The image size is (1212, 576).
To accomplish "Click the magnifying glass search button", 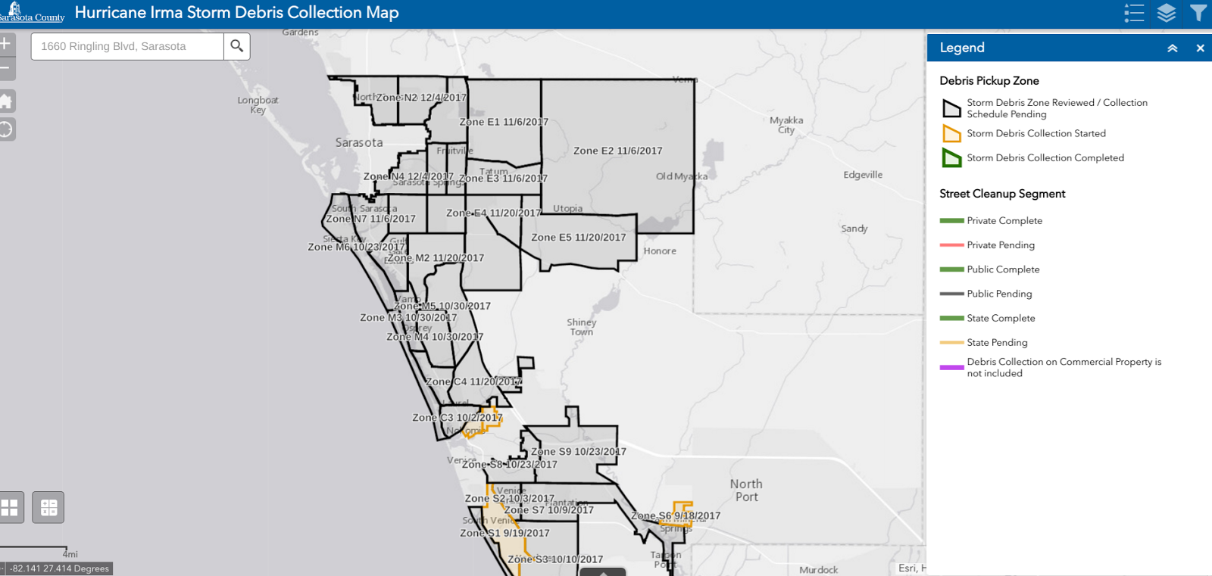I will [x=237, y=46].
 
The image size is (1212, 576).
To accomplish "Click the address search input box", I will [x=127, y=46].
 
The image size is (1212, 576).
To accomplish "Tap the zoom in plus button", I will [x=5, y=44].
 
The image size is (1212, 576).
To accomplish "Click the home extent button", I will [x=5, y=101].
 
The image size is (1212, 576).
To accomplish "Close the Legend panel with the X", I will [x=1200, y=48].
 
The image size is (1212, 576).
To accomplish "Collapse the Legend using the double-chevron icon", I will [x=1172, y=48].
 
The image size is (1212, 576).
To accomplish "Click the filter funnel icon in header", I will [x=1198, y=13].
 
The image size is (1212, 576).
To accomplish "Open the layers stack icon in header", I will [x=1167, y=13].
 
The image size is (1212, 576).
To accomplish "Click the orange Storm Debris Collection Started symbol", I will [x=951, y=133].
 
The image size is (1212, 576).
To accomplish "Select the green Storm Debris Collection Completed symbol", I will [x=951, y=157].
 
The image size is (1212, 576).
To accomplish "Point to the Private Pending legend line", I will [x=951, y=245].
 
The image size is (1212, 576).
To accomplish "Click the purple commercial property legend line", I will [x=951, y=367].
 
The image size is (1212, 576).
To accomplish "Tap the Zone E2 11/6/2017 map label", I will [x=617, y=151].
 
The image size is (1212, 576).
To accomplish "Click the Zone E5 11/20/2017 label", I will [x=579, y=237].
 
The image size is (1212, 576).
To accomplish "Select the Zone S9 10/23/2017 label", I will [x=579, y=452].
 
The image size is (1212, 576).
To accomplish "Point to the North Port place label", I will [x=746, y=490].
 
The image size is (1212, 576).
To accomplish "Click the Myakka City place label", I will [x=786, y=125].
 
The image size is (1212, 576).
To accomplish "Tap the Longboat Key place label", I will [x=258, y=104].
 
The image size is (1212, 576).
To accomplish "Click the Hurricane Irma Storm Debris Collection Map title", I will [x=236, y=13].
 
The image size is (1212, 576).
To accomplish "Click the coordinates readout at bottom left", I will [x=59, y=568].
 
